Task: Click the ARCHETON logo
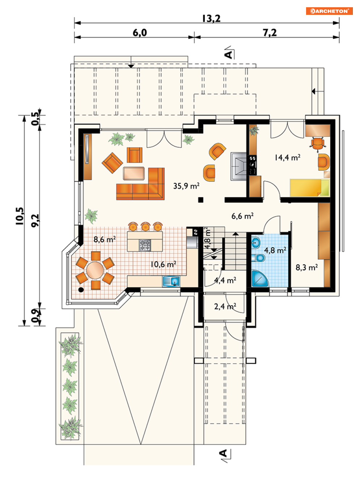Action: pos(329,11)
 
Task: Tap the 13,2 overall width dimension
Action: pos(211,18)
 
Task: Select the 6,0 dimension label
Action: pos(140,33)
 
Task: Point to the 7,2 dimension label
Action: pos(270,33)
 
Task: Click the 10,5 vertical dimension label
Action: pos(20,216)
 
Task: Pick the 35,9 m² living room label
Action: pos(186,186)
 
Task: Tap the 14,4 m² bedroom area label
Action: pos(287,157)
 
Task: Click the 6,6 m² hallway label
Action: pos(242,216)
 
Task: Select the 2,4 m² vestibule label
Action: pos(225,306)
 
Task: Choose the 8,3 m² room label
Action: pos(307,267)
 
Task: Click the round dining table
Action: pos(95,270)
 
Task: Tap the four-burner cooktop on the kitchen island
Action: pos(145,245)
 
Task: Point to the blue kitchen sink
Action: pos(171,281)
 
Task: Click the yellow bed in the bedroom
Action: pos(309,188)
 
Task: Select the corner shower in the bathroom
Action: pos(259,278)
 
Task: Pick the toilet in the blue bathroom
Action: pos(258,258)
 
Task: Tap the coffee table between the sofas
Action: pos(134,173)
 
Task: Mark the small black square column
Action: pos(201,200)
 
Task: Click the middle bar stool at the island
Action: pos(145,227)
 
